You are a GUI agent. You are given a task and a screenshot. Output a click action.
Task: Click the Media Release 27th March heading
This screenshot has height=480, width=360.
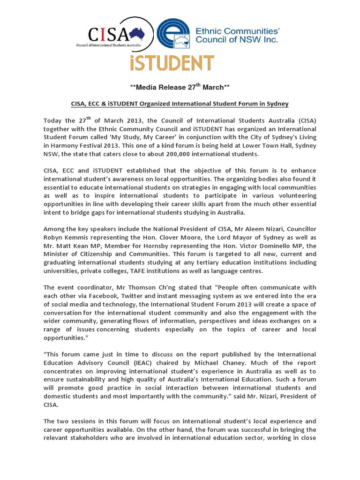180,88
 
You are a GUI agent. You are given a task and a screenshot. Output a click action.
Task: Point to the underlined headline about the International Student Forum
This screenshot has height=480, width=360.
180,103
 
